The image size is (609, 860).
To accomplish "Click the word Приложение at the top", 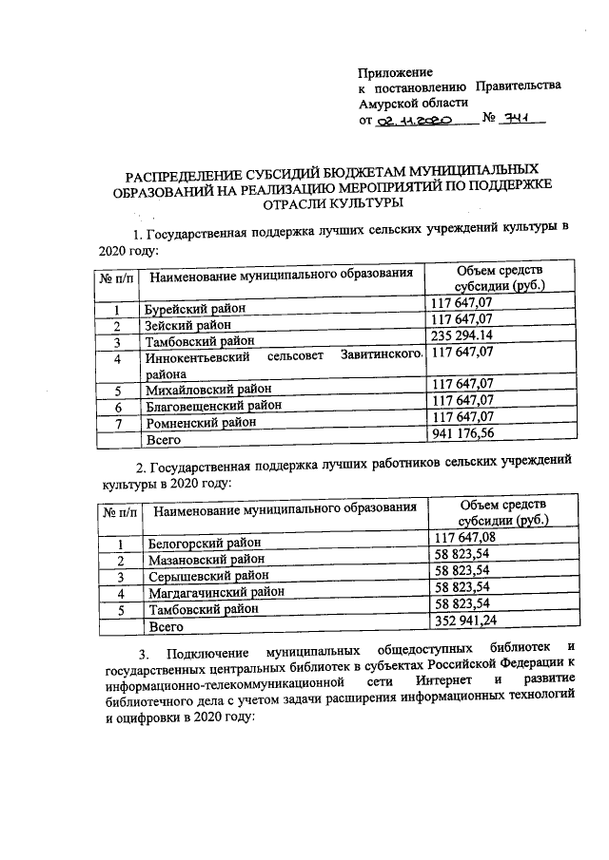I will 395,72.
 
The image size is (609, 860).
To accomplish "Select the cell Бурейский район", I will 195,309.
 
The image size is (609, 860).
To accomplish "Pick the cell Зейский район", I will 188,325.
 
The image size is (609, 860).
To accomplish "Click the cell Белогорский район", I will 206,544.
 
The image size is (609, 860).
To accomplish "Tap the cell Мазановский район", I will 208,560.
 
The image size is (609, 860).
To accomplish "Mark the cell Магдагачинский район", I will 217,593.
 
